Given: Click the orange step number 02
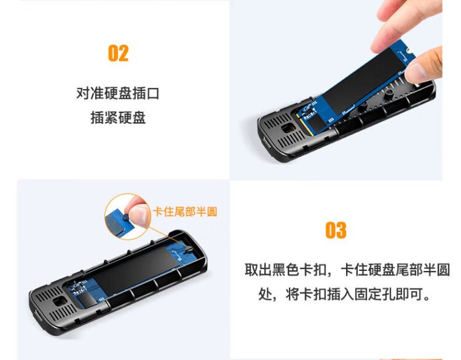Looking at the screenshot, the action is (x=118, y=53).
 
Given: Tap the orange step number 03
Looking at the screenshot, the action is (x=336, y=230).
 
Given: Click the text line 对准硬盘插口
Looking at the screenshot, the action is (x=118, y=93).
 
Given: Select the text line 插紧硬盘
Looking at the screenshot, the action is (x=118, y=118).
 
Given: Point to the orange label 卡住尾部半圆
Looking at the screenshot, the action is (x=185, y=211).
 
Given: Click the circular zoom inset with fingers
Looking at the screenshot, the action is (x=127, y=216).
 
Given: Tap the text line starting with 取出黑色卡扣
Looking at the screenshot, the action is (x=347, y=270).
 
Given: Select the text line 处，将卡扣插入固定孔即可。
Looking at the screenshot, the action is (x=344, y=294).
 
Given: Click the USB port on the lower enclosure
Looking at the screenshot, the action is (x=36, y=318).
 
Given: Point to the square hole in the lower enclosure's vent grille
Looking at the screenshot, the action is (x=60, y=302).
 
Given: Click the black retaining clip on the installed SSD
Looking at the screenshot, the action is (x=189, y=249).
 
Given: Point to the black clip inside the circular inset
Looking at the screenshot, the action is (x=125, y=217).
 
